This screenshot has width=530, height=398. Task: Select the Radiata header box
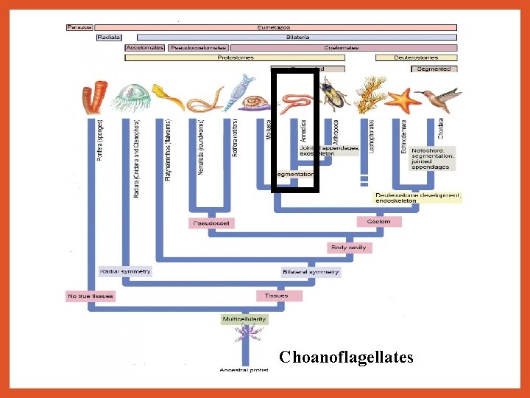pyautogui.click(x=109, y=37)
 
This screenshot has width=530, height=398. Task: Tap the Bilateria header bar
pyautogui.click(x=291, y=37)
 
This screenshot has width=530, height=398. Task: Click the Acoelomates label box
pyautogui.click(x=144, y=47)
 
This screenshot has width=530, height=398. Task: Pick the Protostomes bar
pyautogui.click(x=236, y=57)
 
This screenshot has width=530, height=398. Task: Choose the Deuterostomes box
pyautogui.click(x=416, y=57)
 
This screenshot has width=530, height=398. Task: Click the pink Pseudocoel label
pyautogui.click(x=211, y=223)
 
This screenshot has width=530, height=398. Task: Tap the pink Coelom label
pyautogui.click(x=379, y=221)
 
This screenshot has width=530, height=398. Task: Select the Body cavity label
pyautogui.click(x=348, y=248)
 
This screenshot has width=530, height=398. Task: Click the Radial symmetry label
pyautogui.click(x=125, y=271)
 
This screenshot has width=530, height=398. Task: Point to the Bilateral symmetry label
pyautogui.click(x=311, y=272)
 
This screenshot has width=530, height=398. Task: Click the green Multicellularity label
pyautogui.click(x=245, y=319)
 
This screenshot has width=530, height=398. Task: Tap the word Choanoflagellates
pyautogui.click(x=346, y=357)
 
